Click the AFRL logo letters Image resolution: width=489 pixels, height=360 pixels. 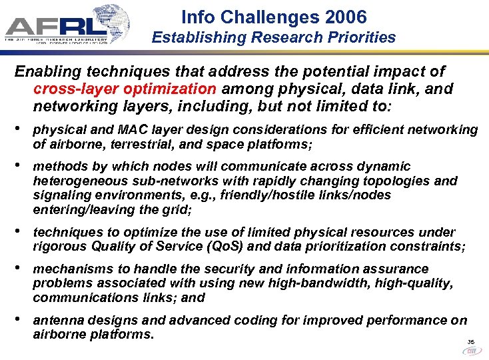57,26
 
